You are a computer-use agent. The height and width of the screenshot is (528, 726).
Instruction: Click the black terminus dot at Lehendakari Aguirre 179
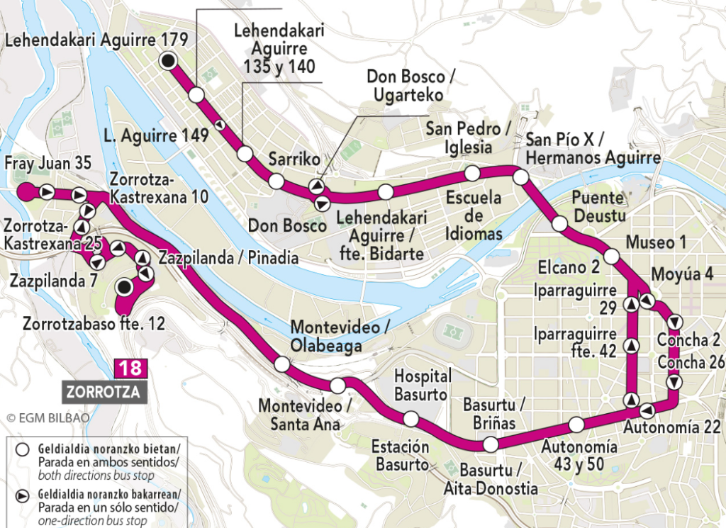[x=168, y=61]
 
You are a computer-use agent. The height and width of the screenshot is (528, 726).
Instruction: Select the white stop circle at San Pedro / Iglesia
[x=471, y=173]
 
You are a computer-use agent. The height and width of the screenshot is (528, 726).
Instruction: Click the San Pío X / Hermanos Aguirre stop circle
[x=521, y=177]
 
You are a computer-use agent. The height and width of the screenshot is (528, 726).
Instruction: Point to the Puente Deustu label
[x=601, y=206]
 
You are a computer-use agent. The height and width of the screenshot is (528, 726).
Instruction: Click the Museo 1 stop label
[x=656, y=243]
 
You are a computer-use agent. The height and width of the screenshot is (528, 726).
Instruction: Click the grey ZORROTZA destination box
[x=104, y=391]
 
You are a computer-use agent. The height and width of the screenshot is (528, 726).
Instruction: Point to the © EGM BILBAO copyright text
[x=48, y=417]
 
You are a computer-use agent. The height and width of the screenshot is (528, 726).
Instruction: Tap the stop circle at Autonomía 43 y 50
[x=576, y=425]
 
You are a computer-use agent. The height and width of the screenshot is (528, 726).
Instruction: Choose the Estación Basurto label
[x=401, y=456]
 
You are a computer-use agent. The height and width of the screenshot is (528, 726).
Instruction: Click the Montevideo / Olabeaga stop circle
[x=281, y=364]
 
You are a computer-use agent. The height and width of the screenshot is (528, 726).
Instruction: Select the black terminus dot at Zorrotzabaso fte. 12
[x=125, y=287]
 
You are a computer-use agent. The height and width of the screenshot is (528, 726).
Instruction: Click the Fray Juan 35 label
[x=48, y=164]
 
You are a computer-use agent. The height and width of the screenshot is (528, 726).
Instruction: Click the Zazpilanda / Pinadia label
[x=228, y=258]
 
